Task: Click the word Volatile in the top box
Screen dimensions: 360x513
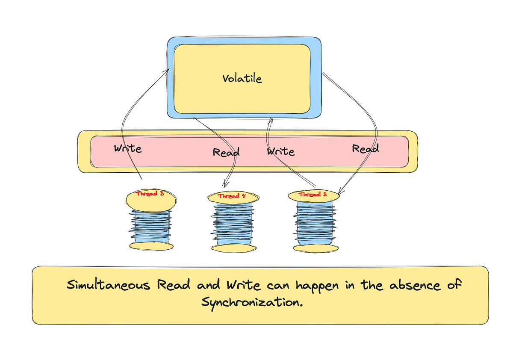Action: point(242,79)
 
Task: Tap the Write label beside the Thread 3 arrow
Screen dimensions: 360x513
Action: point(127,149)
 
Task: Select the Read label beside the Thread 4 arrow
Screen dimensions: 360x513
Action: point(226,152)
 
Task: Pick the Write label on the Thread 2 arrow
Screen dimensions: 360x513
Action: point(280,151)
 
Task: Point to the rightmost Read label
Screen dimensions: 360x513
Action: point(365,148)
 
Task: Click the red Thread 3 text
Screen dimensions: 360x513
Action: point(150,194)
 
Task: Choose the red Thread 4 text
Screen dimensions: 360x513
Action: point(231,196)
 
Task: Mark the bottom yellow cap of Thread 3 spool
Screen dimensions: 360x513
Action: point(151,246)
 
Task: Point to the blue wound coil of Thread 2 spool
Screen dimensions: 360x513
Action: point(314,222)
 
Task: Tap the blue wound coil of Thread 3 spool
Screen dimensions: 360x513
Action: point(151,227)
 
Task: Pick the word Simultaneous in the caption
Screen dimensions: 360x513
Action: point(108,285)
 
